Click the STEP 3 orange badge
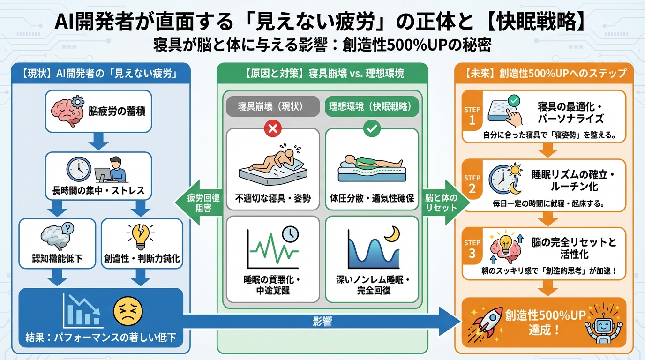472,248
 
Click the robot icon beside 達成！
601,324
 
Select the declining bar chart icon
82,312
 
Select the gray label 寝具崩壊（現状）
272,107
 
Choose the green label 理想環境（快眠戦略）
372,107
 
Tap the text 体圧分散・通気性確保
372,197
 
